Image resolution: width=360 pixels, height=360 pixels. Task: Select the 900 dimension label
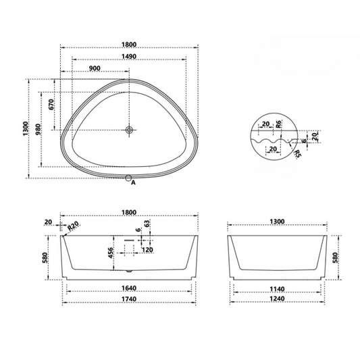click(95, 68)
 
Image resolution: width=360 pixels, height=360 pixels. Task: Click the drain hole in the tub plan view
click(129, 130)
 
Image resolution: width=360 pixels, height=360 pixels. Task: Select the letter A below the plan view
click(133, 182)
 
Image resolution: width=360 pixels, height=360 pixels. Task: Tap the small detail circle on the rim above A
click(129, 178)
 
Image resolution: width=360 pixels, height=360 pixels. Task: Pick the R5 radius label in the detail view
click(298, 153)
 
